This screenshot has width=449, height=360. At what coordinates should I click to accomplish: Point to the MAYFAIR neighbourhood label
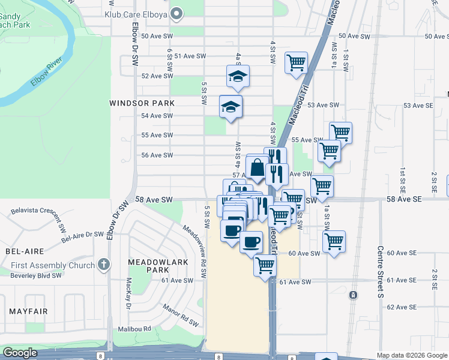tap(28, 311)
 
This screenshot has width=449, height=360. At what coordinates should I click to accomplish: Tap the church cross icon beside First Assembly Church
tap(104, 265)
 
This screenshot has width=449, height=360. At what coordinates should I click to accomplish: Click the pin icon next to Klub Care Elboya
tap(176, 13)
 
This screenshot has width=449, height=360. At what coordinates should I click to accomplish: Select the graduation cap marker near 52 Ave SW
tap(238, 76)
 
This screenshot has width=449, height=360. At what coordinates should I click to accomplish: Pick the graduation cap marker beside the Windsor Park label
tap(231, 107)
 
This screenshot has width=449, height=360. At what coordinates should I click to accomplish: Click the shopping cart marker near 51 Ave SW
tap(297, 62)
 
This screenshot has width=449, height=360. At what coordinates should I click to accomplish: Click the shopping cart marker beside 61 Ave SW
tap(264, 265)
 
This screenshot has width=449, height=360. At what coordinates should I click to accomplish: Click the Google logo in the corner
tap(20, 353)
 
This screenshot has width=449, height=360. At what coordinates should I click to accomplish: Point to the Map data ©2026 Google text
tap(411, 355)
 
